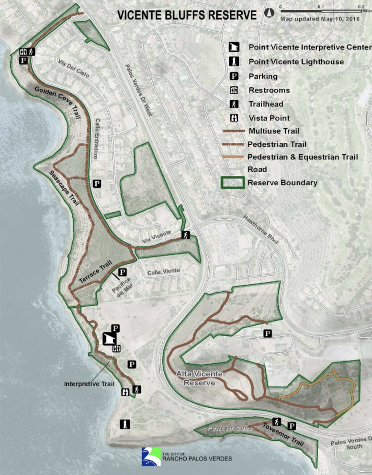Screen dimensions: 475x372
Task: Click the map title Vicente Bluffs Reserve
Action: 187,15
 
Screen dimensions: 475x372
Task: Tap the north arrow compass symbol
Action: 269,13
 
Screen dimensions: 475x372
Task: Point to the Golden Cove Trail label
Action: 58,102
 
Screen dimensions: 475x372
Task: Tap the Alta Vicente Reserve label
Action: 199,378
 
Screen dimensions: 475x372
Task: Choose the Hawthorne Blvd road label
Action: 261,229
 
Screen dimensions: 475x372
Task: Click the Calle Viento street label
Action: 163,271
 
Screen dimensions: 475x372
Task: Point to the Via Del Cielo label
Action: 74,68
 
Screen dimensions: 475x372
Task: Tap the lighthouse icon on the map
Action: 125,424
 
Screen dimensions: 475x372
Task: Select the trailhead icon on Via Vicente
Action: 186,235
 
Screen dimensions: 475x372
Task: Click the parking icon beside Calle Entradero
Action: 97,184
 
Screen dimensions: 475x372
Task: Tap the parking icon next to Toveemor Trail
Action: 292,426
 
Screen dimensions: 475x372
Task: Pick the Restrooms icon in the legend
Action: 234,90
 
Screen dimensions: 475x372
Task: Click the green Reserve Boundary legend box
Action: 233,183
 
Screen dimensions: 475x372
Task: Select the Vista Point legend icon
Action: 234,118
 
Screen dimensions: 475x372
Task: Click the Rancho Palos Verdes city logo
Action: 151,457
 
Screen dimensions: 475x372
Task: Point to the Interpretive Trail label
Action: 89,384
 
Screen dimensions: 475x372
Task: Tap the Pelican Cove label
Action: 229,428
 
